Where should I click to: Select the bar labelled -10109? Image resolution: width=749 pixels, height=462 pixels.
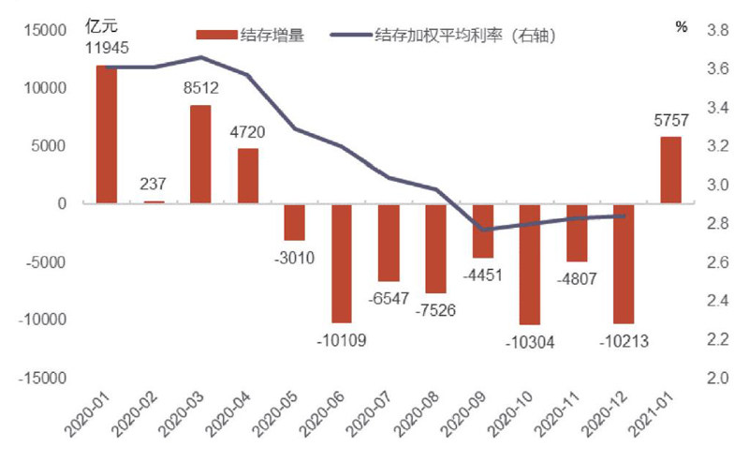(x=342, y=262)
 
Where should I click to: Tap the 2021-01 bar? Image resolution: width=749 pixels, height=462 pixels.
(x=670, y=170)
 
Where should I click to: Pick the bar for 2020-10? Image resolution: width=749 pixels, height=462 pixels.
(x=530, y=263)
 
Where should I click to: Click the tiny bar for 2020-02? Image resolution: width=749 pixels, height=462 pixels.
(x=154, y=201)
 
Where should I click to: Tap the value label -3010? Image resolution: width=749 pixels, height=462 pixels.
(x=295, y=257)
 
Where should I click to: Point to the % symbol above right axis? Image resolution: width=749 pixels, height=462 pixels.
(x=681, y=26)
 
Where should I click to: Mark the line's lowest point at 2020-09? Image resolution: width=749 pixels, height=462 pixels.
(x=483, y=230)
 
